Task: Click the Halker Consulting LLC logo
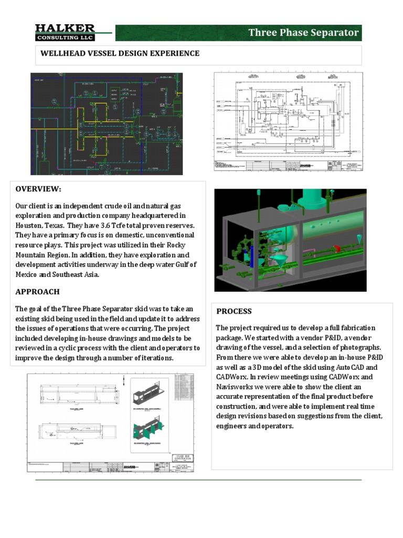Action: pos(66,33)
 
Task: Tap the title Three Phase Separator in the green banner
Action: pos(303,33)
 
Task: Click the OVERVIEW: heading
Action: pos(38,189)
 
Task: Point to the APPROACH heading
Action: pos(37,292)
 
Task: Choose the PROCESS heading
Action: pos(234,311)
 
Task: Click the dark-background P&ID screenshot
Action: pos(107,123)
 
